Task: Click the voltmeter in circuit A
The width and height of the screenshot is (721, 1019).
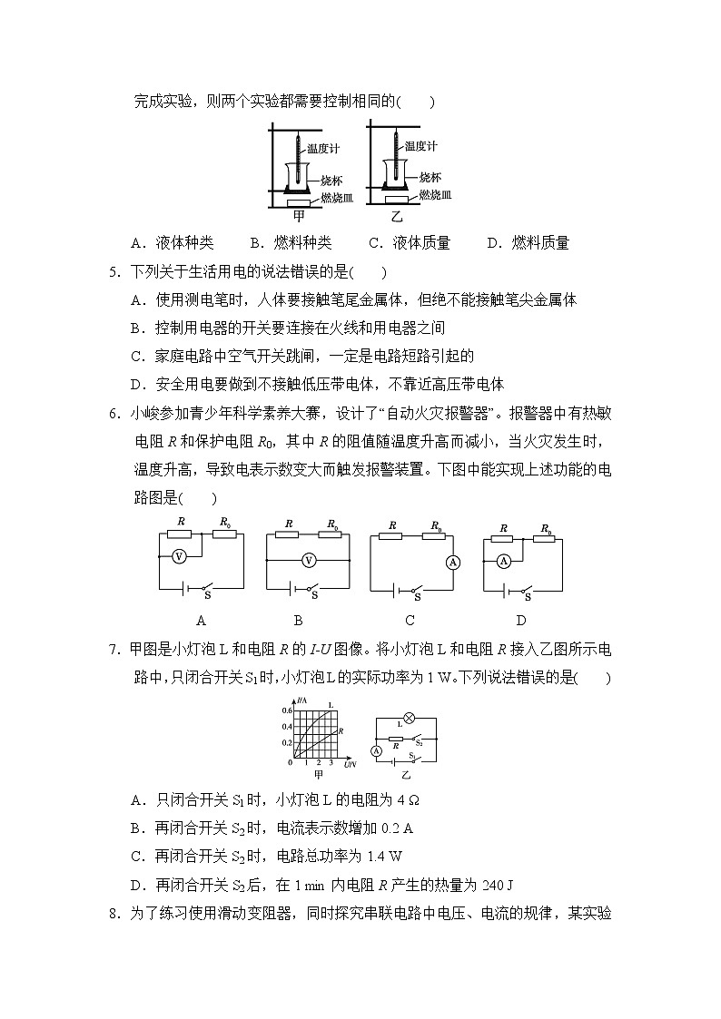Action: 179,555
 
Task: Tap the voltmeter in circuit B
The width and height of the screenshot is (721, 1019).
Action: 309,560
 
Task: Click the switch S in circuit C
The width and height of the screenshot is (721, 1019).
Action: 415,590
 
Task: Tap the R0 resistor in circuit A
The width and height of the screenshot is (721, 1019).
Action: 224,534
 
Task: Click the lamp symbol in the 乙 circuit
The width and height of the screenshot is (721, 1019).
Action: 409,716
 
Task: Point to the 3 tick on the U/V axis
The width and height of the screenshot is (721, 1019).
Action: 331,763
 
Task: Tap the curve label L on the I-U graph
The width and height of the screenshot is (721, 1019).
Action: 330,705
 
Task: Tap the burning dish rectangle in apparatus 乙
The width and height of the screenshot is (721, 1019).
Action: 396,200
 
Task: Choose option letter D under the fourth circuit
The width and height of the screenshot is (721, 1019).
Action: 521,621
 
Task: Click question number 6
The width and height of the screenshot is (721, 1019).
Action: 114,415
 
